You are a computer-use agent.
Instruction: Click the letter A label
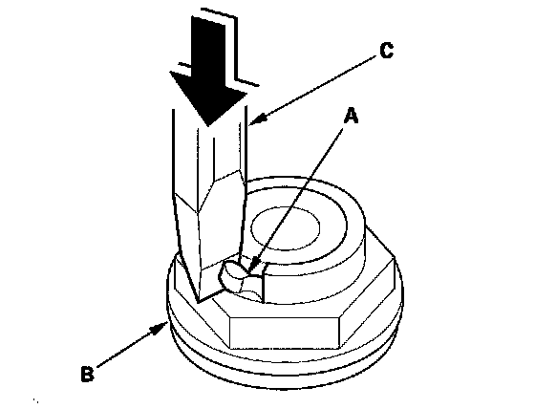[x=352, y=116]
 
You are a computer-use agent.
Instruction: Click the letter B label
[x=87, y=374]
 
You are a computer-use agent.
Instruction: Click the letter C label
[x=387, y=51]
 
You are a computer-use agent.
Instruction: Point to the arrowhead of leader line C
[x=258, y=118]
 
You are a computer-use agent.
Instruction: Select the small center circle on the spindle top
[x=286, y=227]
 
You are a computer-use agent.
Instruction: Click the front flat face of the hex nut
[x=286, y=333]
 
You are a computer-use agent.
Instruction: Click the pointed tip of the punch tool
[x=199, y=301]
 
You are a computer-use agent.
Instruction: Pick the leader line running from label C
[x=313, y=90]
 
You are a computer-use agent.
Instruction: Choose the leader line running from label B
[x=133, y=345]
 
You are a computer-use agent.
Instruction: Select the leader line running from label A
[x=297, y=201]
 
